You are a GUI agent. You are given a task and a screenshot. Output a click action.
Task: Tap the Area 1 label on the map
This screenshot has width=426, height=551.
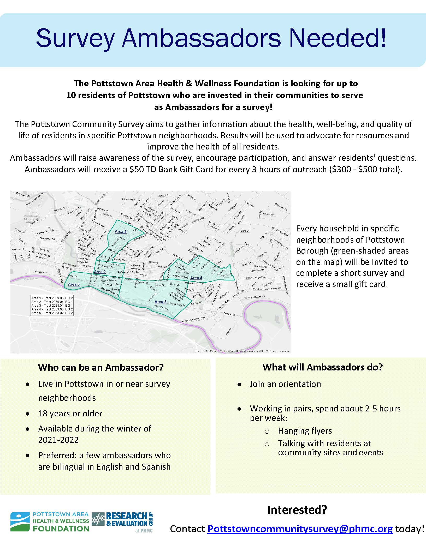[121, 231]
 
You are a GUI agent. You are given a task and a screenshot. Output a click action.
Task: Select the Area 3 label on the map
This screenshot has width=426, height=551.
[74, 284]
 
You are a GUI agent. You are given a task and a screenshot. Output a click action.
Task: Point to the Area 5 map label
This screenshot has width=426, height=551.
[161, 302]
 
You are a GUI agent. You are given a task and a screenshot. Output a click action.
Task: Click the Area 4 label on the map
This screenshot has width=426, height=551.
[196, 278]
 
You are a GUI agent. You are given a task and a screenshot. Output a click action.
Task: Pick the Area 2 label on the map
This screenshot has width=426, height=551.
[100, 272]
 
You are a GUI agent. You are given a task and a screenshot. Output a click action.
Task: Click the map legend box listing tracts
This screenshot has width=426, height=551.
[52, 306]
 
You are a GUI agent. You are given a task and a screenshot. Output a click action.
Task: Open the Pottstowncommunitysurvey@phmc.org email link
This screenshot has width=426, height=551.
[300, 529]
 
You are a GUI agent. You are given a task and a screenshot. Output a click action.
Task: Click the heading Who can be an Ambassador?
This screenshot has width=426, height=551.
[101, 367]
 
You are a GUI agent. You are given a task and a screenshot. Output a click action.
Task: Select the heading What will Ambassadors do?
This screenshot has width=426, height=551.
[323, 367]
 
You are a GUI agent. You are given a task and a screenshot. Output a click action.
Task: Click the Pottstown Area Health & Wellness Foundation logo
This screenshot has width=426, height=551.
[50, 522]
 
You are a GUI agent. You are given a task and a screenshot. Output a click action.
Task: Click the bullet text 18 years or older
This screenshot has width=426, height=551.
[70, 414]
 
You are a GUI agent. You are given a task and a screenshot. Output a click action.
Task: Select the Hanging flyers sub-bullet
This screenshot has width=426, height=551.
[305, 430]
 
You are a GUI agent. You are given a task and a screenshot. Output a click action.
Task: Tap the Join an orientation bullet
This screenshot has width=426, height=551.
[285, 384]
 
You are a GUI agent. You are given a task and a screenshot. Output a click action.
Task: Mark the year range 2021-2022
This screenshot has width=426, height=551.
[58, 440]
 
